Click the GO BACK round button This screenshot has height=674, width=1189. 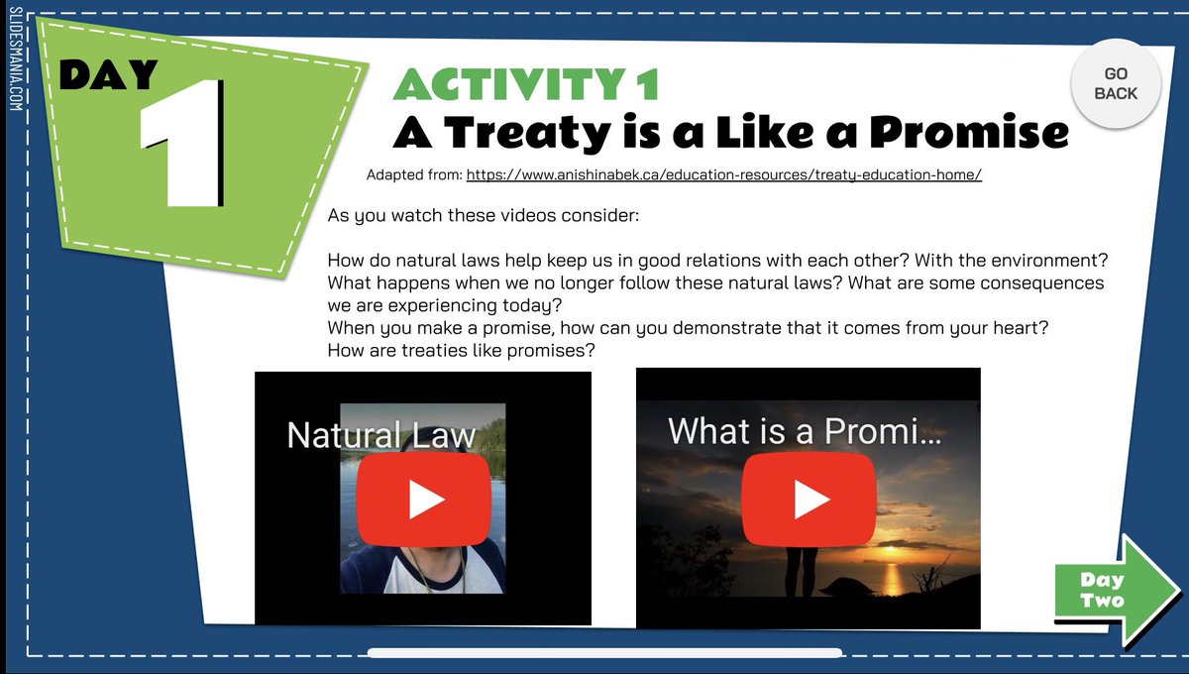(x=1116, y=84)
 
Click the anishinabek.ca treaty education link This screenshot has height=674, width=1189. (x=723, y=175)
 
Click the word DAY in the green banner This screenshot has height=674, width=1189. (x=109, y=74)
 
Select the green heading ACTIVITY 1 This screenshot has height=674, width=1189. (x=525, y=85)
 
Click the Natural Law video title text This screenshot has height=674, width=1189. (x=381, y=435)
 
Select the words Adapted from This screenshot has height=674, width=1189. (x=413, y=175)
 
